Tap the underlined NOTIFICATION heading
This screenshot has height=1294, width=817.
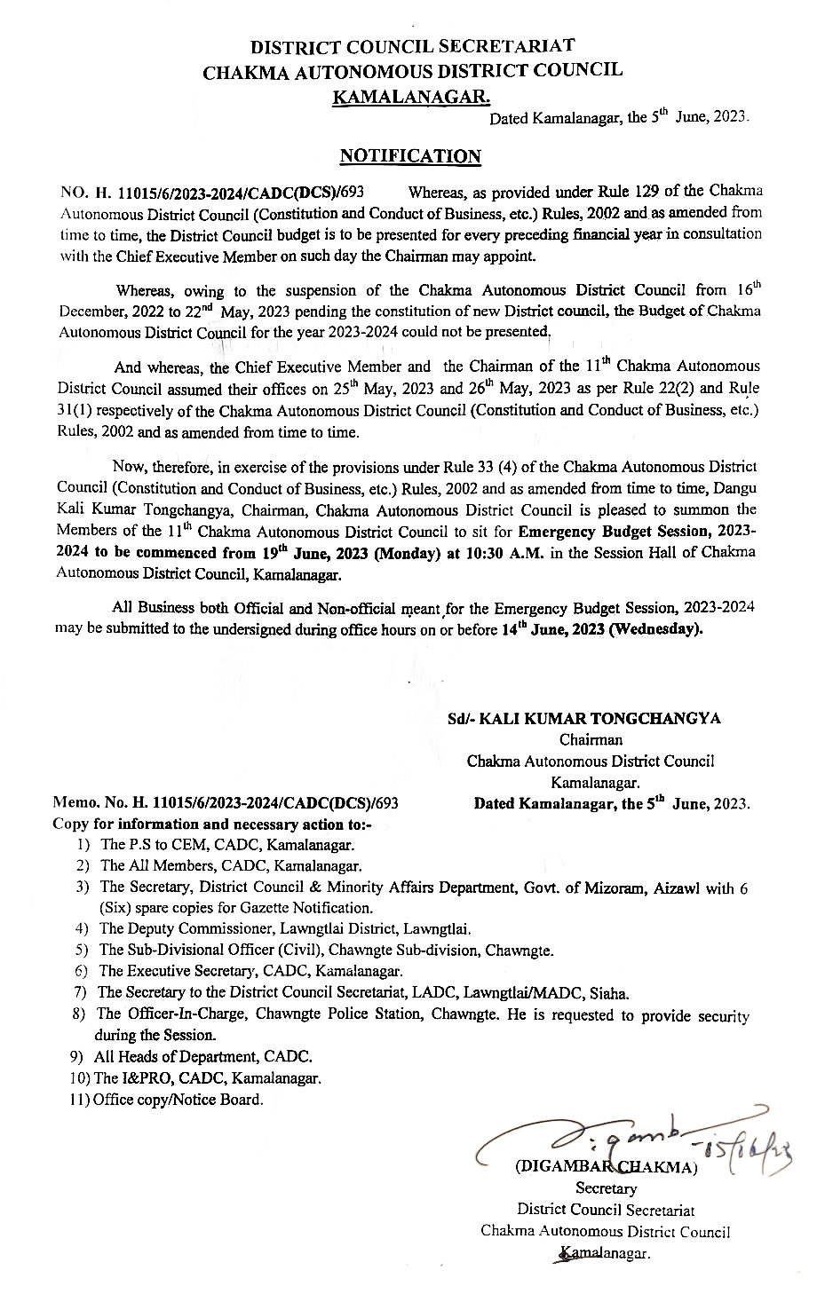(x=410, y=156)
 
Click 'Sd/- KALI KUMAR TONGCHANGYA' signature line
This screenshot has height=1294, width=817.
(x=583, y=719)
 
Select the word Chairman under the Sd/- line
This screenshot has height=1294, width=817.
(x=591, y=739)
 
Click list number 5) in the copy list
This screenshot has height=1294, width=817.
(x=82, y=951)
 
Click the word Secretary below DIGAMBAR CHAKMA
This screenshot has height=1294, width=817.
(x=607, y=1188)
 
